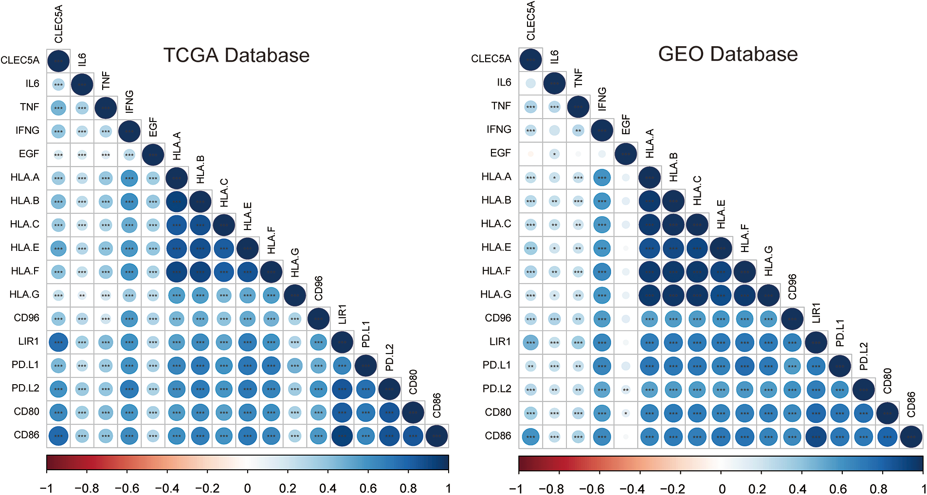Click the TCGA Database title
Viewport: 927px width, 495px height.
coord(236,55)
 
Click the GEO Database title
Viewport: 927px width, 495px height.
coord(727,54)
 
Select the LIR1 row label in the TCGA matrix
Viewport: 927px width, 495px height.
coord(28,341)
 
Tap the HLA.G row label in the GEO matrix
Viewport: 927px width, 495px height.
coord(495,294)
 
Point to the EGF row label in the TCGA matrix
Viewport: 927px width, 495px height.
coord(29,154)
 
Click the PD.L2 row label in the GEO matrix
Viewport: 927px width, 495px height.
coord(496,389)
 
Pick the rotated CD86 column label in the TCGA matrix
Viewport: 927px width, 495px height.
coord(436,406)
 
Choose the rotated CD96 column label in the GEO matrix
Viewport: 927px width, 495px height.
coord(792,287)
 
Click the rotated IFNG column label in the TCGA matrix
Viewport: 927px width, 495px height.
coord(129,101)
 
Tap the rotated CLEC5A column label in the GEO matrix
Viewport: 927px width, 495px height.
coord(530,20)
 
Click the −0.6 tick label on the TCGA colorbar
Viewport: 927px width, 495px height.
coord(127,488)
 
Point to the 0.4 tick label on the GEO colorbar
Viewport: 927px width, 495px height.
coord(798,489)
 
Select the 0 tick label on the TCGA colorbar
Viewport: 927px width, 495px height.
coord(247,488)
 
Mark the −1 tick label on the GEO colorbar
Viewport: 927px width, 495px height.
coord(516,489)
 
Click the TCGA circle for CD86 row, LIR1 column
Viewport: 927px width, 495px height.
coord(342,436)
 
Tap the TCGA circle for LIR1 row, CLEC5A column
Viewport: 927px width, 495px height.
coord(58,342)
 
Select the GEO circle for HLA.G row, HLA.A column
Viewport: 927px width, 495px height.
coord(649,295)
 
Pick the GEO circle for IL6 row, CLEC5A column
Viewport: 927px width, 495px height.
coord(530,83)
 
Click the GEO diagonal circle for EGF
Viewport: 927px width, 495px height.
coord(626,154)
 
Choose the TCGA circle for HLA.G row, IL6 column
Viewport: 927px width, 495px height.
coord(82,295)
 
